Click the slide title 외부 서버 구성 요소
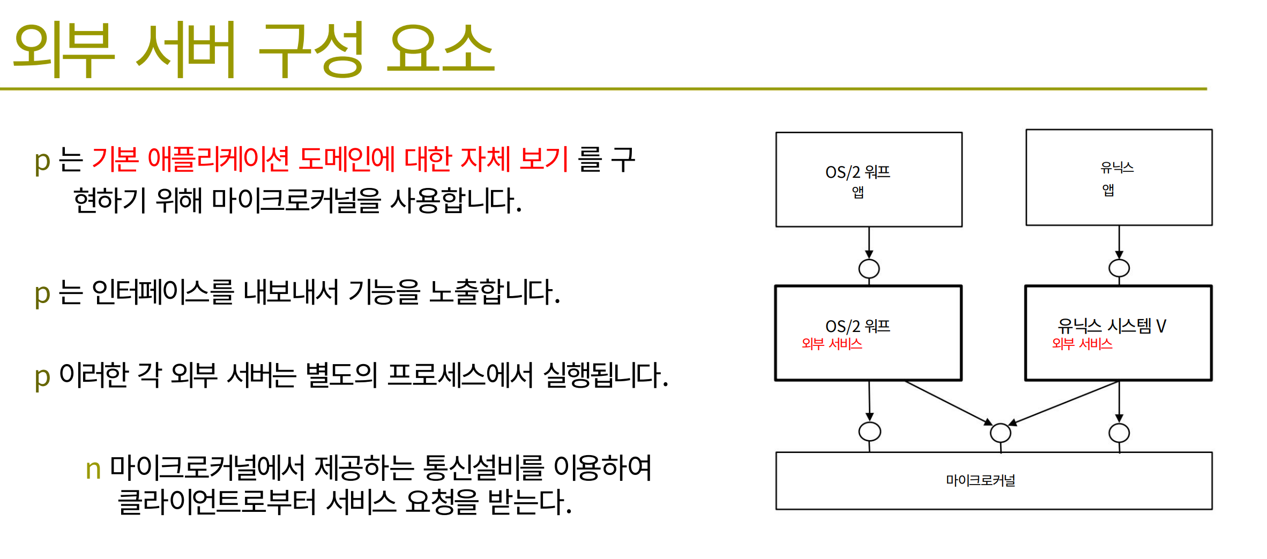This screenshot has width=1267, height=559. pos(254,49)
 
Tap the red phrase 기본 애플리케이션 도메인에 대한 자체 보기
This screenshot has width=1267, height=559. pos(330,159)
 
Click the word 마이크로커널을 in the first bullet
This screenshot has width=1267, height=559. pos(296,200)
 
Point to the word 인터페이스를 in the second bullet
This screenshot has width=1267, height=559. pos(163,292)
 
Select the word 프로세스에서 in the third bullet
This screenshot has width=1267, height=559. pos(460,375)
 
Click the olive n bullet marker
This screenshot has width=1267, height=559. pos(93,470)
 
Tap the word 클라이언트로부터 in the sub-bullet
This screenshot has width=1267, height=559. pos(217,502)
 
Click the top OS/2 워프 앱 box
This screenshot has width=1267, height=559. pos(869,179)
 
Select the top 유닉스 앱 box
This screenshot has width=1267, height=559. pos(1119,177)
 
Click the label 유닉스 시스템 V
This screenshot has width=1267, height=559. pos(1112,326)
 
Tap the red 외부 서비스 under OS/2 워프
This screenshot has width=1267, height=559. pos(832,344)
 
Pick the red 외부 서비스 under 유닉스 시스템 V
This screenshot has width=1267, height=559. pos(1082,344)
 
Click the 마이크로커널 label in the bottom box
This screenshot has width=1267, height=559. pos(980,480)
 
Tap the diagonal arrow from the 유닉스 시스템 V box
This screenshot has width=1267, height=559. pos(1063,403)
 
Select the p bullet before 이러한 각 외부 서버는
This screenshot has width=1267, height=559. pos(42,377)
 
